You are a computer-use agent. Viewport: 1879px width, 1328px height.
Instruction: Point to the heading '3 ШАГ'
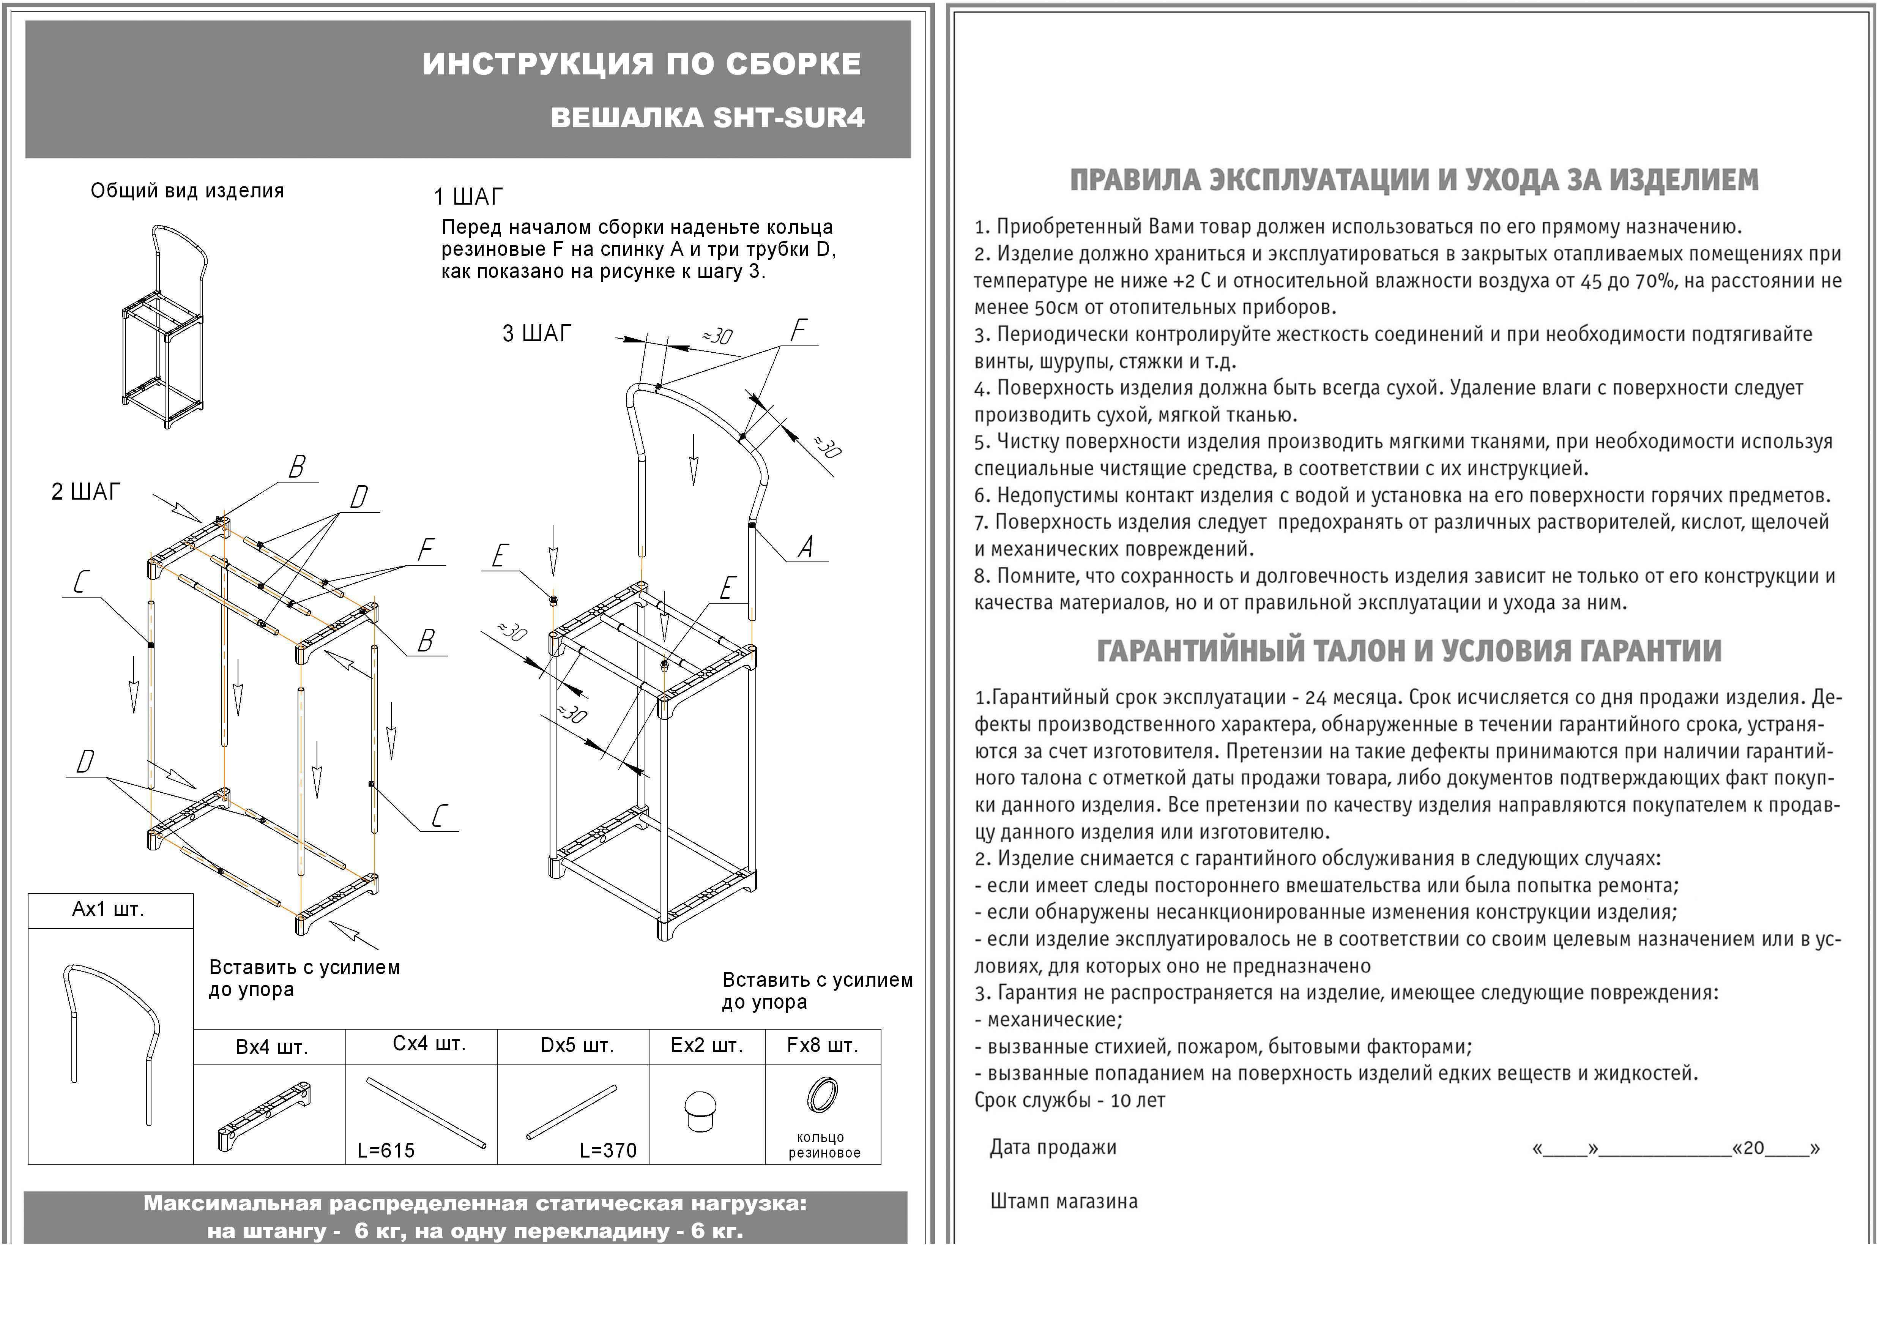pos(537,334)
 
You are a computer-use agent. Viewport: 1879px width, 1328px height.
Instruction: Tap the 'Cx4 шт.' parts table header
pos(429,1044)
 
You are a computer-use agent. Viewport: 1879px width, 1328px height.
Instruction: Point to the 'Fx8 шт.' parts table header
pos(823,1046)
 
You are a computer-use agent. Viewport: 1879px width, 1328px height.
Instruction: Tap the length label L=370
pos(608,1150)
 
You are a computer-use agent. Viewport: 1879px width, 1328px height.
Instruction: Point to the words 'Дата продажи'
pos(1053,1148)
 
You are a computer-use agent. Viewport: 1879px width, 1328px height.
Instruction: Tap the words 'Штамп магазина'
pos(1063,1202)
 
